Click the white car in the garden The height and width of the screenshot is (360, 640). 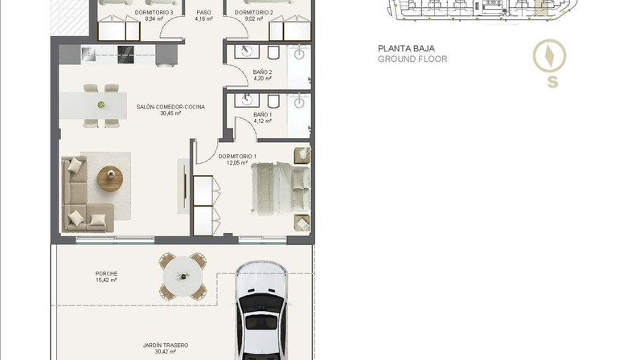(x=261, y=310)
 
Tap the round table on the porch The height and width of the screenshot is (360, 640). (x=183, y=276)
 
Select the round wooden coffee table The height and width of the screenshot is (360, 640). (x=110, y=178)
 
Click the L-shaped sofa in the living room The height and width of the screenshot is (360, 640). (x=82, y=196)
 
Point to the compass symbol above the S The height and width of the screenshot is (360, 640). (x=549, y=56)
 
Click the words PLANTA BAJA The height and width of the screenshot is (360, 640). (x=406, y=48)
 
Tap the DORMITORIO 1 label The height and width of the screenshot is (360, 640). (x=237, y=157)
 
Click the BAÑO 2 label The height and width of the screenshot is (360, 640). (x=262, y=72)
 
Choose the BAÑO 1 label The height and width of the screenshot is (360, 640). (x=262, y=115)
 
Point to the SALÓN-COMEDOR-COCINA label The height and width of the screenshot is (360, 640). (x=170, y=107)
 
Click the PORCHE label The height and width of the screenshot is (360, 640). (x=106, y=274)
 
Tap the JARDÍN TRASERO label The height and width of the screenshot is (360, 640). (x=166, y=346)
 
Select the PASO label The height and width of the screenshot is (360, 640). (x=203, y=13)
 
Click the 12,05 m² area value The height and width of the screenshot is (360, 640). (x=237, y=163)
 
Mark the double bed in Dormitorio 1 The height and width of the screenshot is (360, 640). (x=281, y=189)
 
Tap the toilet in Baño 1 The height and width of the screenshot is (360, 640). (x=273, y=100)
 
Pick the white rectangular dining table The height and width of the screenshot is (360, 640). (x=93, y=105)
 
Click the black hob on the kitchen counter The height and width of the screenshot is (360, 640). (x=125, y=55)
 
